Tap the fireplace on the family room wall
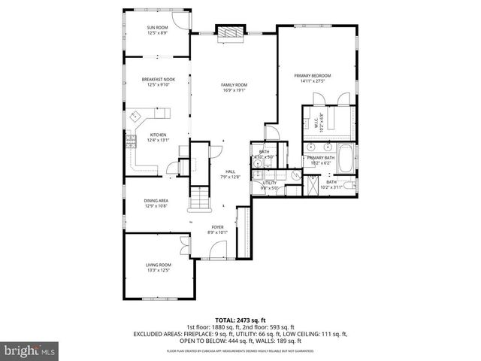point(228,32)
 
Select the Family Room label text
point(234,85)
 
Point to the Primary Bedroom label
point(315,76)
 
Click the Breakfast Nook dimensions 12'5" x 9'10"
point(158,85)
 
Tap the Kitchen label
point(158,135)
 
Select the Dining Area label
point(156,201)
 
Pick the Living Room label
point(158,265)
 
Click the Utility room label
point(270,184)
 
